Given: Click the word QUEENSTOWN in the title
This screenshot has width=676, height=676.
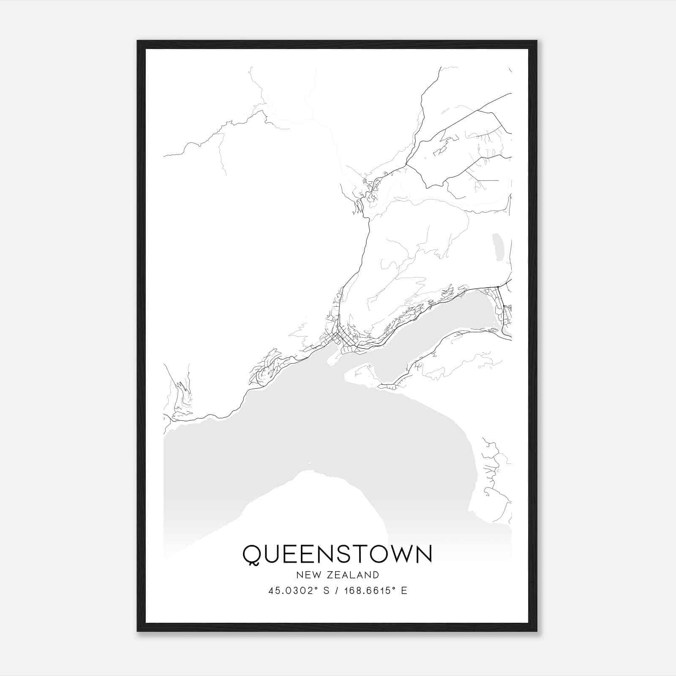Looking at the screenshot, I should tap(337, 554).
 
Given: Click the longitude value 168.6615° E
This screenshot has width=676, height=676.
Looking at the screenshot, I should tap(376, 591).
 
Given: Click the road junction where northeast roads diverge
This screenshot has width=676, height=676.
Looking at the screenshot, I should tap(406, 164).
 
